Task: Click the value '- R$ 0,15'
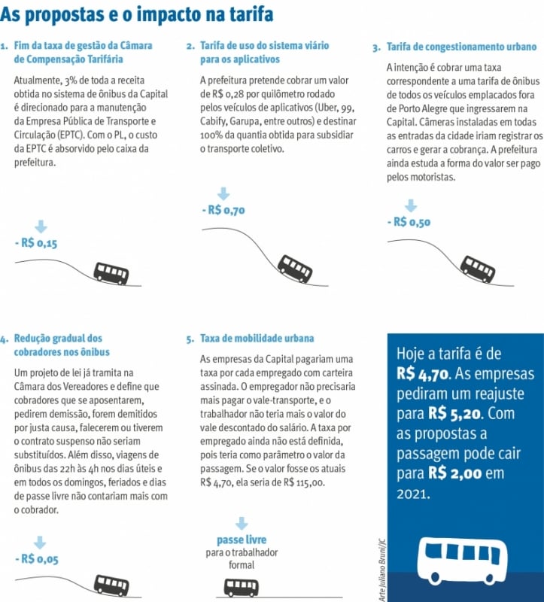coord(36,242)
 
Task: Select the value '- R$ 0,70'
coord(223,210)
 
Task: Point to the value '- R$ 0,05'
coord(37,558)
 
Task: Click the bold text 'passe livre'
coord(242,540)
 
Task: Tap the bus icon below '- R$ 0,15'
coord(111,272)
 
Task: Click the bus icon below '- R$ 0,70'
coord(295,268)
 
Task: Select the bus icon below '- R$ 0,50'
coord(478,269)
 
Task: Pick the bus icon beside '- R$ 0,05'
coord(111,585)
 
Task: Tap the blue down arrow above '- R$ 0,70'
coord(223,194)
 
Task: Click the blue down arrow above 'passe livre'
coord(242,523)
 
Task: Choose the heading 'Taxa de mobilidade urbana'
coord(257,339)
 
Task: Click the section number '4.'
coord(5,339)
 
